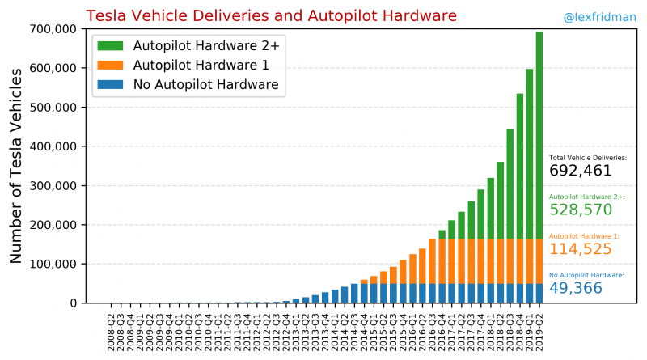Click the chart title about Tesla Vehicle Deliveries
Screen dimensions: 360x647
click(x=271, y=15)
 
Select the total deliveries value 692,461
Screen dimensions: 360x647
click(x=580, y=171)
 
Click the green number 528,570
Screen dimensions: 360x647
click(x=580, y=210)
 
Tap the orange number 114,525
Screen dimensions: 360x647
click(x=580, y=249)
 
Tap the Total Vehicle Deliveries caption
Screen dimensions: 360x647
click(x=587, y=158)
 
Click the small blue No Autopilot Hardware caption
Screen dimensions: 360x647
click(x=586, y=275)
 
